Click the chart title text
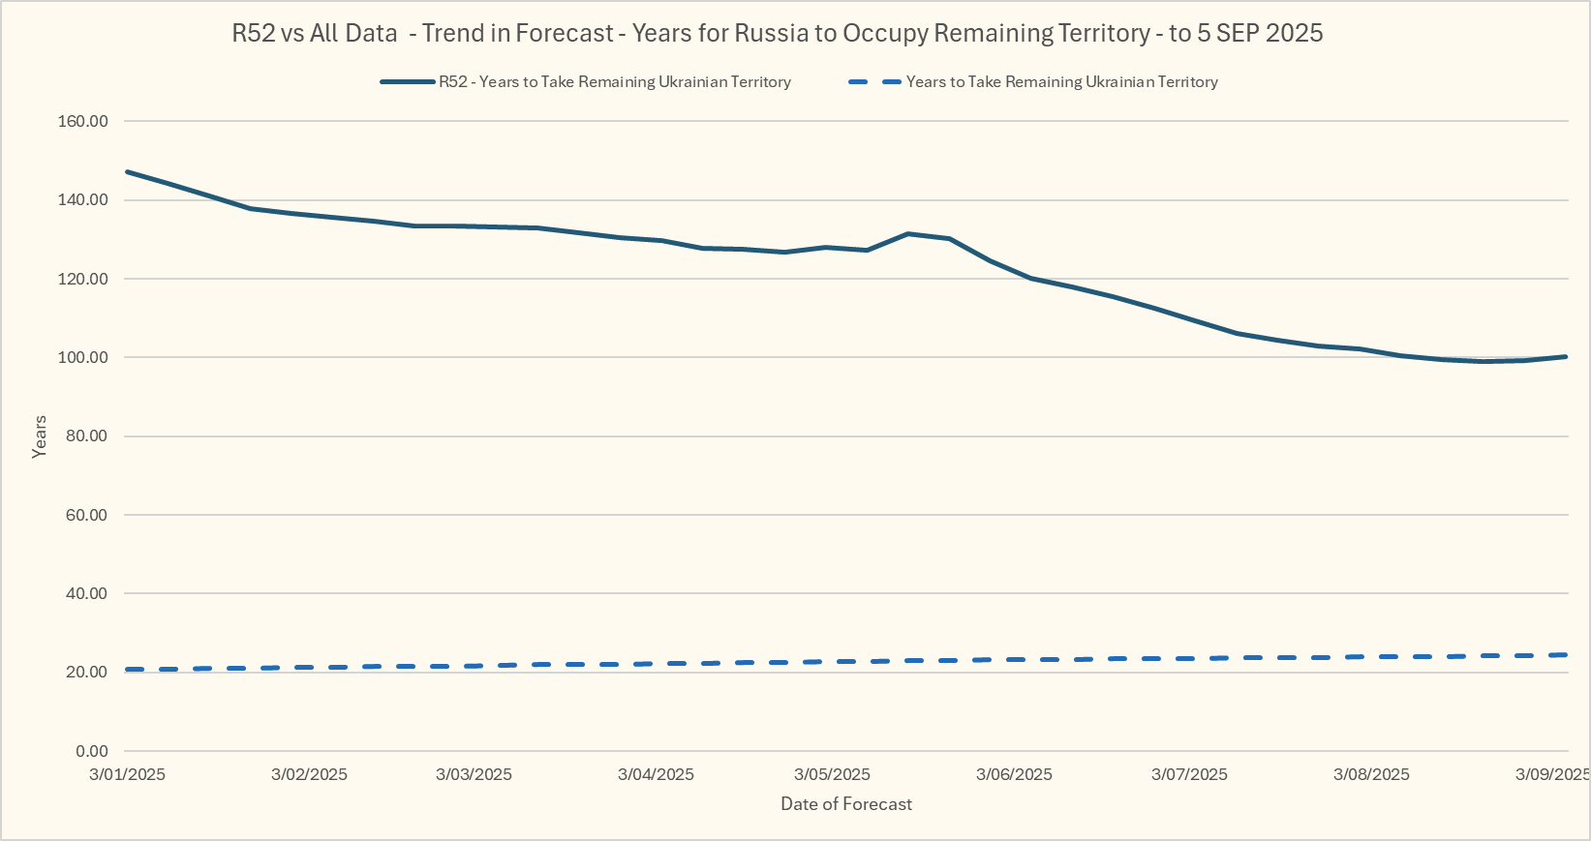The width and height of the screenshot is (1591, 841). [777, 34]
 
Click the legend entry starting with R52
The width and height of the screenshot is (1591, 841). [614, 82]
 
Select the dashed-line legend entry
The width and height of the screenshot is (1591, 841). [1061, 82]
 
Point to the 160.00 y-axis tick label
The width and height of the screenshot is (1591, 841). [83, 122]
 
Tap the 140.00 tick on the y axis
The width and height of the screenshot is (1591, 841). [83, 200]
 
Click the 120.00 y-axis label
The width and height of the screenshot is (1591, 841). [83, 279]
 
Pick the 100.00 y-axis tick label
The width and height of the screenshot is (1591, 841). [83, 358]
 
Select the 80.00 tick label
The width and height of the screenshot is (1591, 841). [87, 436]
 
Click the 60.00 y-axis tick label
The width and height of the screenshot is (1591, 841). [87, 515]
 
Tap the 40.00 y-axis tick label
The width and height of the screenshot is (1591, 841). [87, 594]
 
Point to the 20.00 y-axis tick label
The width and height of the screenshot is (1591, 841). [87, 673]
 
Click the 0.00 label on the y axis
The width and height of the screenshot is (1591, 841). [91, 751]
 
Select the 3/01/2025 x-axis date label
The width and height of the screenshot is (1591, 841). [127, 774]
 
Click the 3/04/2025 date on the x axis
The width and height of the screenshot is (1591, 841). [656, 774]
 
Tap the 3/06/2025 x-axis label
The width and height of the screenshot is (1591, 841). [1014, 774]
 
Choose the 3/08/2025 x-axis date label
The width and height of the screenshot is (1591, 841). [1371, 774]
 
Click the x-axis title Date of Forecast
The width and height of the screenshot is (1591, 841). [846, 804]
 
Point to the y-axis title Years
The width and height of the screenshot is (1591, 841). [40, 436]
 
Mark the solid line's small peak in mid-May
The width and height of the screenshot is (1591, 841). [907, 233]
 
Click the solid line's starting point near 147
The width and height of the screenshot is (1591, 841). [128, 172]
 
